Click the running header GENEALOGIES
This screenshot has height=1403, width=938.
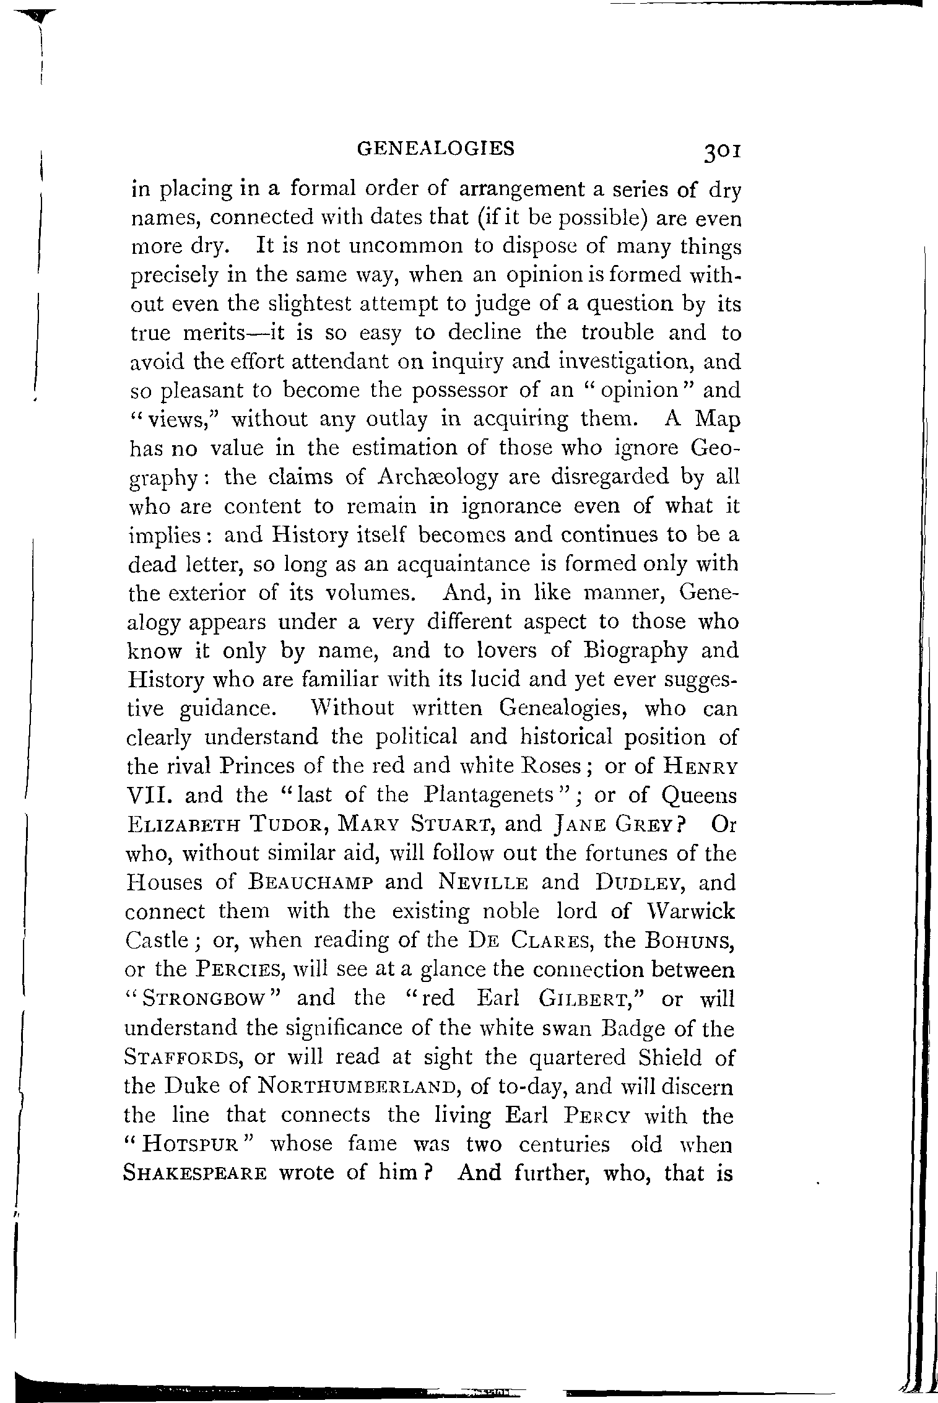coord(437,148)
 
